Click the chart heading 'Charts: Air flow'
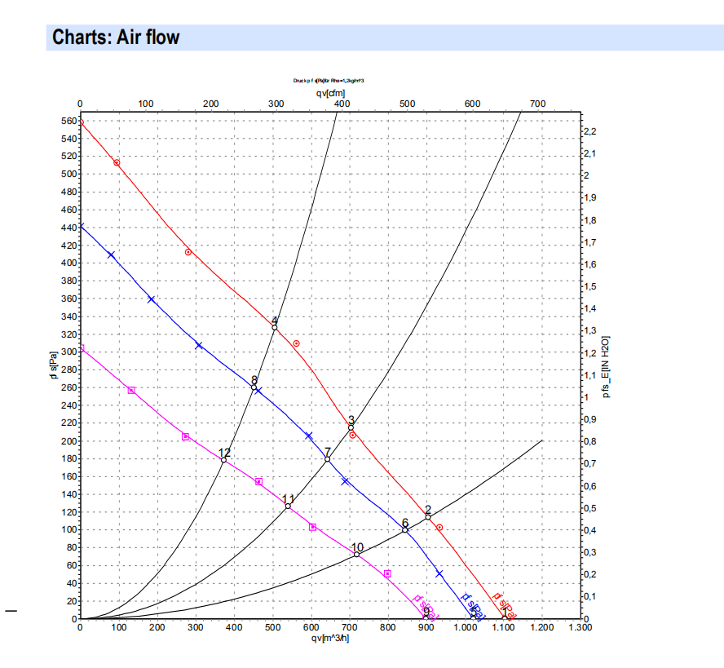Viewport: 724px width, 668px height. pyautogui.click(x=116, y=38)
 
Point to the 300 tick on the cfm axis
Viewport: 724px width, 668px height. pyautogui.click(x=276, y=104)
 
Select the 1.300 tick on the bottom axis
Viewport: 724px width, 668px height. pyautogui.click(x=580, y=627)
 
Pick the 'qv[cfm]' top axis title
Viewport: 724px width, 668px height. pyautogui.click(x=330, y=94)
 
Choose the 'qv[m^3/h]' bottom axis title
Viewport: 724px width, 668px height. pyautogui.click(x=330, y=638)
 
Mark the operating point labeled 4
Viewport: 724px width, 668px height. pyautogui.click(x=275, y=327)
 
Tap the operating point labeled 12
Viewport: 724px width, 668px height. pyautogui.click(x=223, y=460)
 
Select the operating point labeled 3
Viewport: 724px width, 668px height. pyautogui.click(x=351, y=427)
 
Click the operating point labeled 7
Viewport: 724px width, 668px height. pyautogui.click(x=328, y=459)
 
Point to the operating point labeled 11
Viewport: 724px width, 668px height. pyautogui.click(x=288, y=506)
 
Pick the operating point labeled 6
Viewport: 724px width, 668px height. pyautogui.click(x=405, y=530)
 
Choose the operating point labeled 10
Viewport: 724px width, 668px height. pyautogui.click(x=357, y=555)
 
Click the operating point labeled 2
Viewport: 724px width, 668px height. pyautogui.click(x=428, y=516)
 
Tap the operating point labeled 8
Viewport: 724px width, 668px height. pyautogui.click(x=254, y=387)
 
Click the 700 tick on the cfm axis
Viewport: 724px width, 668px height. pyautogui.click(x=537, y=104)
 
